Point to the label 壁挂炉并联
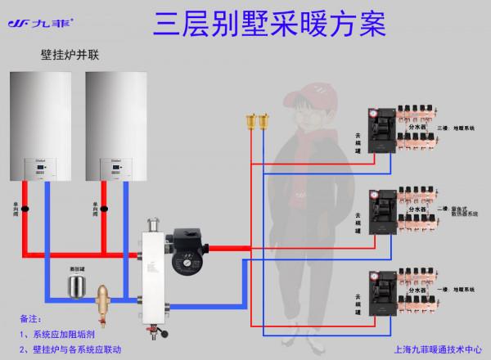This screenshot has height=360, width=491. [69, 56]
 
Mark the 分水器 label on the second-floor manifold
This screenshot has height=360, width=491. [418, 209]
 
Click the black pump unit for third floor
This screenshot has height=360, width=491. [384, 130]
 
